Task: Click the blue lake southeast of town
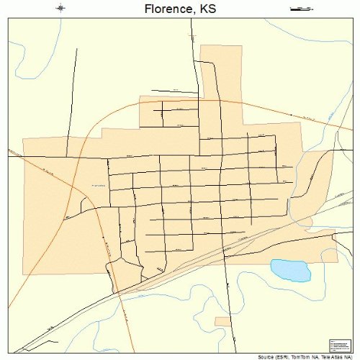pos(290,270)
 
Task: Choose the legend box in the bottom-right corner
pos(338,346)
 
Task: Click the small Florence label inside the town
pos(98,186)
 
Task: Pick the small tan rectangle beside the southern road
pos(223,320)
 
